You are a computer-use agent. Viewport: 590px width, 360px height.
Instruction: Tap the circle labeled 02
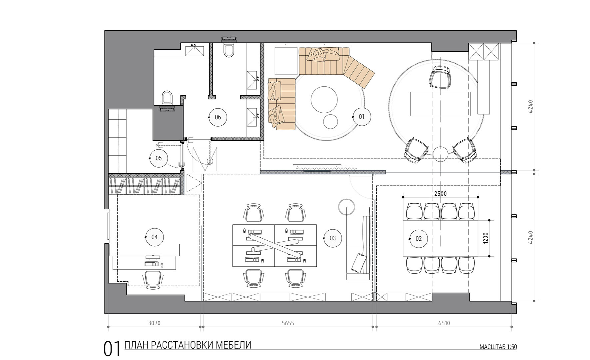[418, 238]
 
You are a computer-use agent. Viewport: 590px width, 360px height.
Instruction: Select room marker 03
[332, 238]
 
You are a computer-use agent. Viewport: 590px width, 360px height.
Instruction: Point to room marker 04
[154, 237]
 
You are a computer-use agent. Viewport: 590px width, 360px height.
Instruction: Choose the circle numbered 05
[159, 158]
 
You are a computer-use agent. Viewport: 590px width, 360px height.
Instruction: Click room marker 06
[218, 117]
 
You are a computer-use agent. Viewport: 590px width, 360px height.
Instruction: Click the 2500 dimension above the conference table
[440, 193]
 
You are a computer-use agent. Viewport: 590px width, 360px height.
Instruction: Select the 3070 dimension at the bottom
[154, 323]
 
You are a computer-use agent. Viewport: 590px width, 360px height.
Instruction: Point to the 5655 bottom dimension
[288, 323]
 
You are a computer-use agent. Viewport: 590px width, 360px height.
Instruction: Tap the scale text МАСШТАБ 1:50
[498, 347]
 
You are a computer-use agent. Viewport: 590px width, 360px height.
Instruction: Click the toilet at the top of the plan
[230, 50]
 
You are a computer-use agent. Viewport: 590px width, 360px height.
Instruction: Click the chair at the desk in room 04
[153, 279]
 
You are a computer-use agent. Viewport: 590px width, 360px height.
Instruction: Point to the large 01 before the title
[112, 349]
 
